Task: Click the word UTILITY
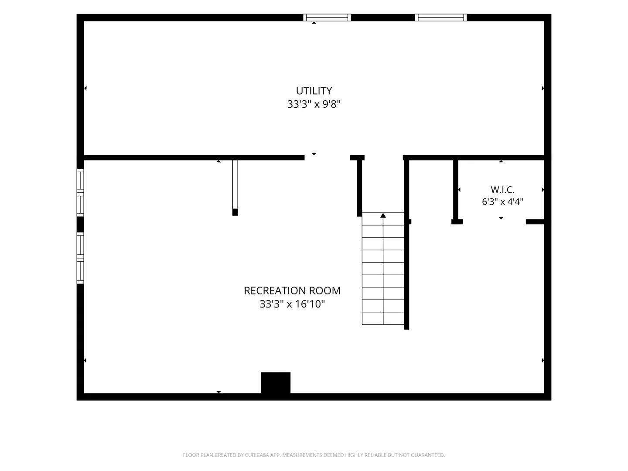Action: point(314,91)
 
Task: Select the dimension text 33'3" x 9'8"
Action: point(314,104)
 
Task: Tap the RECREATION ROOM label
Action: point(292,290)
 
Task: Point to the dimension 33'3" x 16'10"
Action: point(292,304)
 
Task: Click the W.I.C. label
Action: point(502,190)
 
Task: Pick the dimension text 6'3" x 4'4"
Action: point(502,201)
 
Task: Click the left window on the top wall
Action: point(327,17)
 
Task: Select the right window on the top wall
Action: point(441,17)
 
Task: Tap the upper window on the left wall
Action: point(80,192)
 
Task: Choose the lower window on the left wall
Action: point(80,258)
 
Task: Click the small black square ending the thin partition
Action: point(235,212)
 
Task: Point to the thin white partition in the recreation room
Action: point(235,184)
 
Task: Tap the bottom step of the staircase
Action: point(383,318)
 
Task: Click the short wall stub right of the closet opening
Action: point(535,222)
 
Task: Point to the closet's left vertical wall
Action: point(456,190)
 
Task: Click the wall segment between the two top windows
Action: point(383,17)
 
